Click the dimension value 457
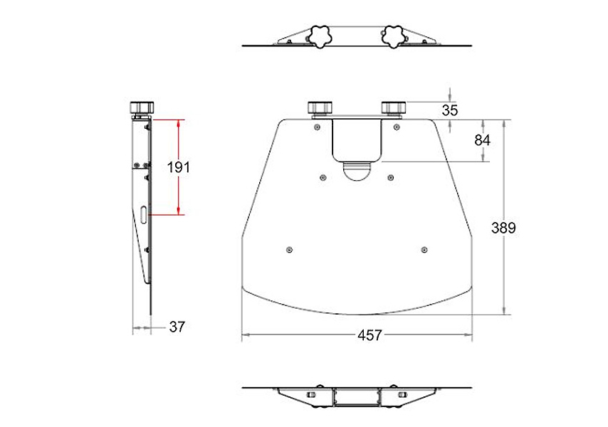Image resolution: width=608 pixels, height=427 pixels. point(369,335)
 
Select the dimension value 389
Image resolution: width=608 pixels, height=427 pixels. point(503,228)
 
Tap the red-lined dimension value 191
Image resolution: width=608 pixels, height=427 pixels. point(179,167)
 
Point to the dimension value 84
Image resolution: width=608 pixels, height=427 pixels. point(483,140)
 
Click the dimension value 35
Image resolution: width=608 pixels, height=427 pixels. point(450,110)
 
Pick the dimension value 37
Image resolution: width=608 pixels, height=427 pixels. point(177,327)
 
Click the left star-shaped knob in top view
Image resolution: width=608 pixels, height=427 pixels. point(320,36)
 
